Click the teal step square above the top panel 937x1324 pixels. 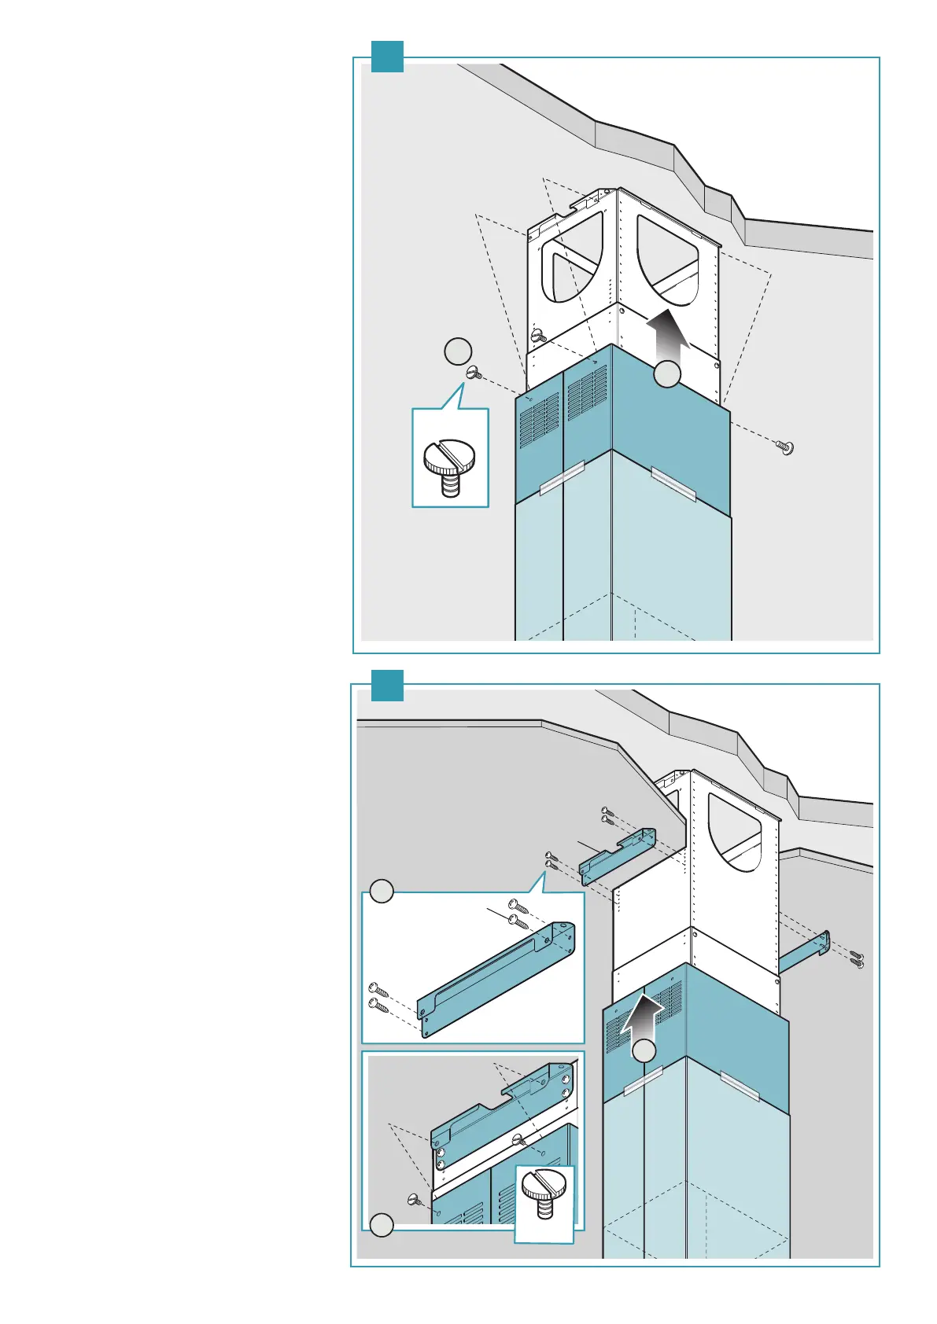pos(387,57)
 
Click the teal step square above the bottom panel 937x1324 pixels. pos(387,686)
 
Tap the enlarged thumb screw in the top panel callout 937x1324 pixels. pos(449,467)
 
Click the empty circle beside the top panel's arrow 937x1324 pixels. pos(667,374)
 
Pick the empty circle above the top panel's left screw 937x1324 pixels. pos(458,351)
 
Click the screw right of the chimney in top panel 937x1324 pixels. pos(784,448)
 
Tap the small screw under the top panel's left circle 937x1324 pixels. pos(474,373)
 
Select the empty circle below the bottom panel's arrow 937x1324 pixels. pos(644,1051)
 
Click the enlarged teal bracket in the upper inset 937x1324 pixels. pos(496,979)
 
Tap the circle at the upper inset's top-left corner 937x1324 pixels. pos(382,892)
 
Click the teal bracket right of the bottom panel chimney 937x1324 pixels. pos(804,953)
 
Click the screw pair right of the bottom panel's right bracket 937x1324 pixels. pos(856,958)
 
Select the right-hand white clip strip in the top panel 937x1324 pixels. pos(675,484)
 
